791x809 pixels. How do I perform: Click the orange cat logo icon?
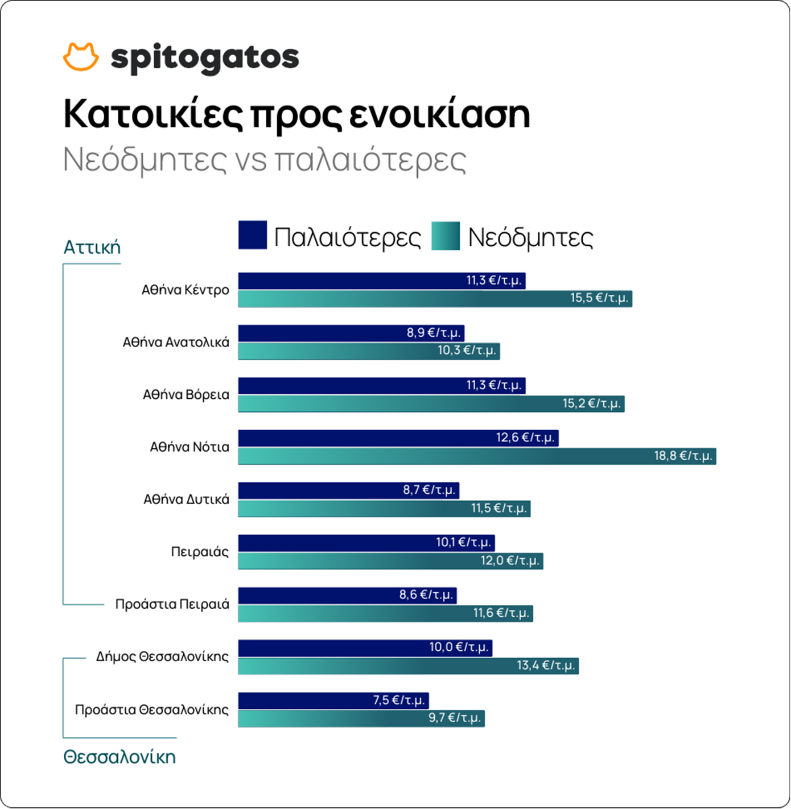pos(80,56)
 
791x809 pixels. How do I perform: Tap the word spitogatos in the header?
pos(205,58)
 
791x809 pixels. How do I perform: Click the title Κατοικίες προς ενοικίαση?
pos(296,114)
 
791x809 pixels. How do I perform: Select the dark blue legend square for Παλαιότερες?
pos(252,235)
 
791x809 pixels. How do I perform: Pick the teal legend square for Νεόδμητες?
pos(446,236)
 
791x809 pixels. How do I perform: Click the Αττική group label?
pos(92,247)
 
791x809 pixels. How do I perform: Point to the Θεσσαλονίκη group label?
pos(120,757)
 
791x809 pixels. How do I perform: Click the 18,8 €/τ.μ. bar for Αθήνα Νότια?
pos(477,456)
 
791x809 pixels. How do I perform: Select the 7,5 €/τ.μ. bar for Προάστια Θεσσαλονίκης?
pos(333,700)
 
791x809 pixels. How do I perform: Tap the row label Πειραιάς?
pos(200,552)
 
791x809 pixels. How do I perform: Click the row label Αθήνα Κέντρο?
pos(186,290)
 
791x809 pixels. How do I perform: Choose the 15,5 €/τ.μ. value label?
pos(599,298)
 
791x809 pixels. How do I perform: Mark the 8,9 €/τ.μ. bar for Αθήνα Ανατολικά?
pos(351,333)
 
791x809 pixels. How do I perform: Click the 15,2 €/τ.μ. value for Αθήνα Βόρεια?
pos(591,403)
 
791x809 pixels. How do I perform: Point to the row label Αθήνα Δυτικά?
pos(186,500)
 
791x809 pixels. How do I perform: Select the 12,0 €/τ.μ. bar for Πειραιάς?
pos(390,561)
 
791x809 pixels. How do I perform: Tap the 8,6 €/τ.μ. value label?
pos(426,595)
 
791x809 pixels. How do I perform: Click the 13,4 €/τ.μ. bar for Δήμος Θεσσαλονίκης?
pos(408,666)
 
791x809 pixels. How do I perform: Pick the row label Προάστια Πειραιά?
pos(172,604)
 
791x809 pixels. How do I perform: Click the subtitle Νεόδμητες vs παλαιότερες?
pos(265,160)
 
